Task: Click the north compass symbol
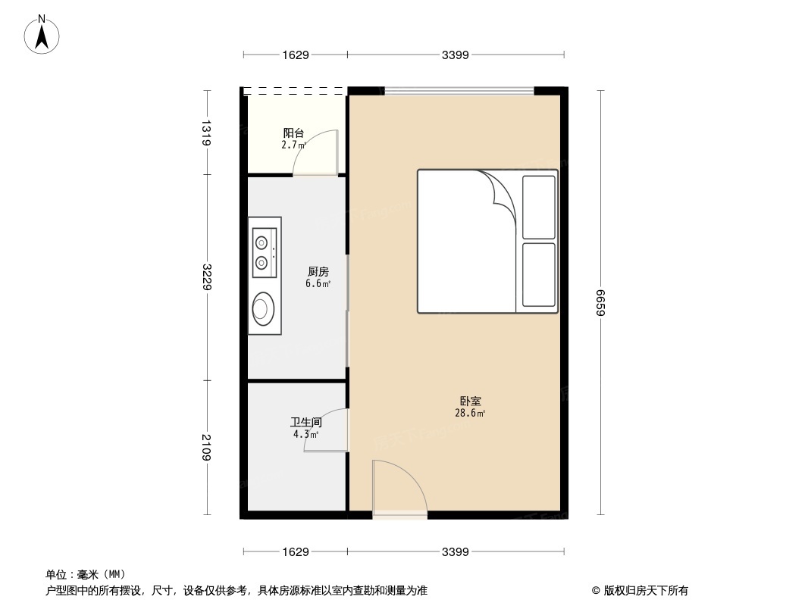pyautogui.click(x=42, y=34)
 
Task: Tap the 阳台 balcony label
pyautogui.click(x=293, y=133)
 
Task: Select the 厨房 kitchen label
pyautogui.click(x=318, y=272)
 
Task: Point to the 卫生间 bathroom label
pyautogui.click(x=306, y=423)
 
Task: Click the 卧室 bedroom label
pyautogui.click(x=470, y=401)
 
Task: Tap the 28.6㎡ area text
pyautogui.click(x=470, y=414)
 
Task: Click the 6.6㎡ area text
pyautogui.click(x=318, y=284)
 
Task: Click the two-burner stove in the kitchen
pyautogui.click(x=263, y=253)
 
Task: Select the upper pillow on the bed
pyautogui.click(x=539, y=206)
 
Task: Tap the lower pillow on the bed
pyautogui.click(x=539, y=274)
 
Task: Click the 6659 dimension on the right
pyautogui.click(x=601, y=303)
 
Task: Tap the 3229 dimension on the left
pyautogui.click(x=206, y=276)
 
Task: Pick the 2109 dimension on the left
pyautogui.click(x=206, y=447)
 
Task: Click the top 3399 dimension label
pyautogui.click(x=456, y=55)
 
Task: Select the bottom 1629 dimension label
pyautogui.click(x=296, y=552)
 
